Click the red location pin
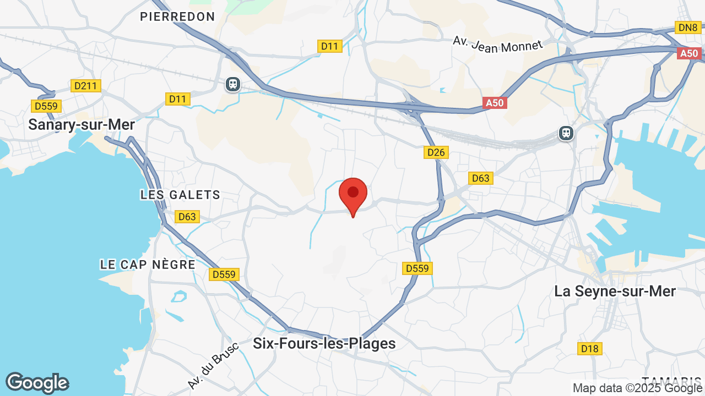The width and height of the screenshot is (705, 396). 353,194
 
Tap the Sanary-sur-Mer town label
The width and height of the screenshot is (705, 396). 82,125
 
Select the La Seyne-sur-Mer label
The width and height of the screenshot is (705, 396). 615,291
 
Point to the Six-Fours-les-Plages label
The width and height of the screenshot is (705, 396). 324,344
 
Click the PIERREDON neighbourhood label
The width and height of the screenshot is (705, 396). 177,17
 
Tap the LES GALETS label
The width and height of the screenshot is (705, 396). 180,195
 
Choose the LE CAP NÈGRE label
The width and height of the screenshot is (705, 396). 148,265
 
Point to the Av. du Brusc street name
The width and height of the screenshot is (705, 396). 213,365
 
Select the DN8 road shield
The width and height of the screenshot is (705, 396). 688,28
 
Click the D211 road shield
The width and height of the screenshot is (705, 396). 86,86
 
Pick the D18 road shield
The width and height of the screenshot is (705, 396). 590,348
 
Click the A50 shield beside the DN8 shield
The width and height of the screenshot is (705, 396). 689,53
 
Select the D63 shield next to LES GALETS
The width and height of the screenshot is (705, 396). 187,217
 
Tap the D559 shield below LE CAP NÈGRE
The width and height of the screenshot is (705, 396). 224,274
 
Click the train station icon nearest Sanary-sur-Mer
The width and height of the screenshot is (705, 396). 233,84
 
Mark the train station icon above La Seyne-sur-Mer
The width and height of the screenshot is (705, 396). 566,133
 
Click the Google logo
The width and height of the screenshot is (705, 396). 37,383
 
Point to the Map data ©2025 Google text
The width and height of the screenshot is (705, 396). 638,388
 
